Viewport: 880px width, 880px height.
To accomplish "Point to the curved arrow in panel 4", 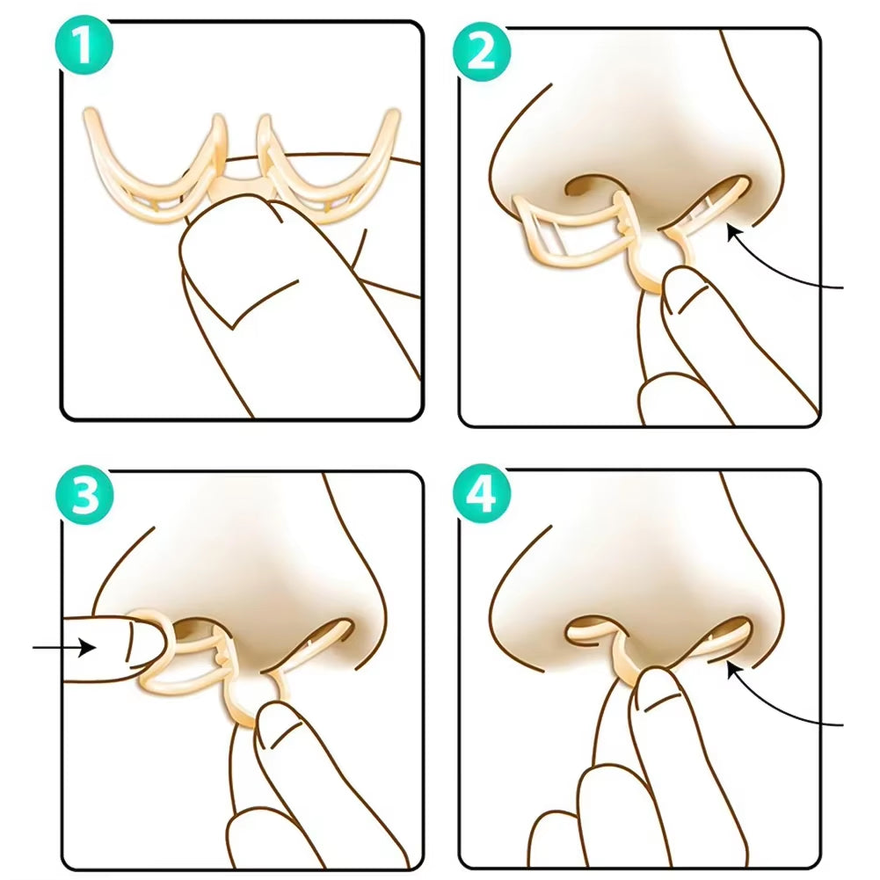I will [x=782, y=703].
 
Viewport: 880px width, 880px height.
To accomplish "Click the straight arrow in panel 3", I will [x=62, y=649].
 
